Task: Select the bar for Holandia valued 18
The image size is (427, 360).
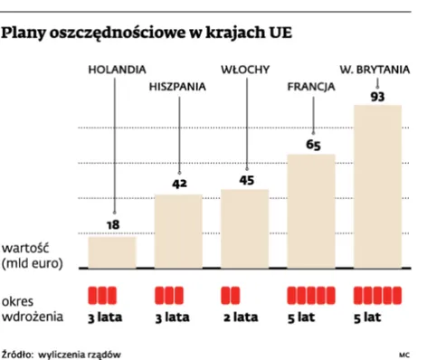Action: point(113,252)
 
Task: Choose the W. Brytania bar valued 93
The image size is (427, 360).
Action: point(377,186)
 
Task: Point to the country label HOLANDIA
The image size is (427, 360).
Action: point(115,70)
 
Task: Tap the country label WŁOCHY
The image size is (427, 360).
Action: point(244,70)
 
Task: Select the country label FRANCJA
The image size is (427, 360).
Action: point(311,88)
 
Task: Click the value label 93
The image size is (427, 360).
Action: point(378,97)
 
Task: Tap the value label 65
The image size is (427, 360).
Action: point(312,143)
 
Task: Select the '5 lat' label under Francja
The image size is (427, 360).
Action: point(311,317)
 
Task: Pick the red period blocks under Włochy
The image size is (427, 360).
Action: point(231,296)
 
